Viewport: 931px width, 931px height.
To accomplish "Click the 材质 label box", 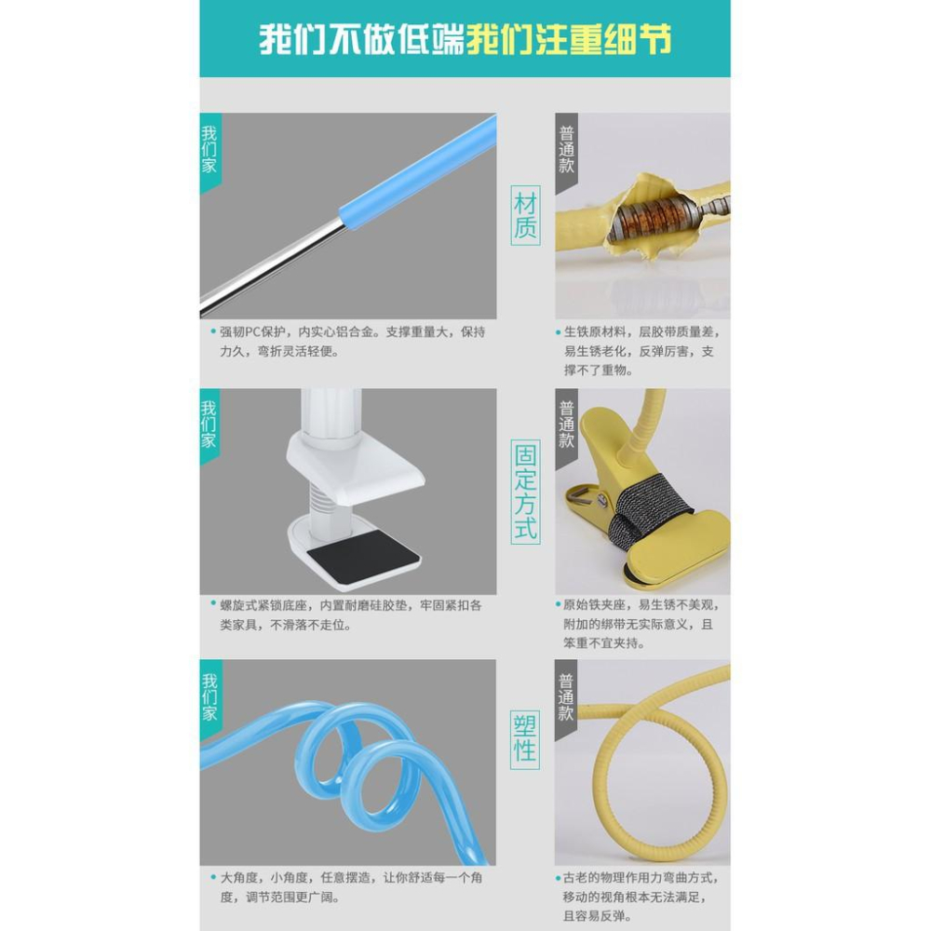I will pyautogui.click(x=526, y=215).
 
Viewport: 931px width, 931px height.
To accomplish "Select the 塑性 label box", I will pyautogui.click(x=526, y=736).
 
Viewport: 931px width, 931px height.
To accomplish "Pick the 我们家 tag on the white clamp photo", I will pyautogui.click(x=209, y=424).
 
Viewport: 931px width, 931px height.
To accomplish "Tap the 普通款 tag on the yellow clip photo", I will pyautogui.click(x=567, y=425).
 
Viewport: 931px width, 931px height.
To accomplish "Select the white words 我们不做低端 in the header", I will pyautogui.click(x=361, y=40).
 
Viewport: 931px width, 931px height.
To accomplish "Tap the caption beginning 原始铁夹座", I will pyautogui.click(x=642, y=624).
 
